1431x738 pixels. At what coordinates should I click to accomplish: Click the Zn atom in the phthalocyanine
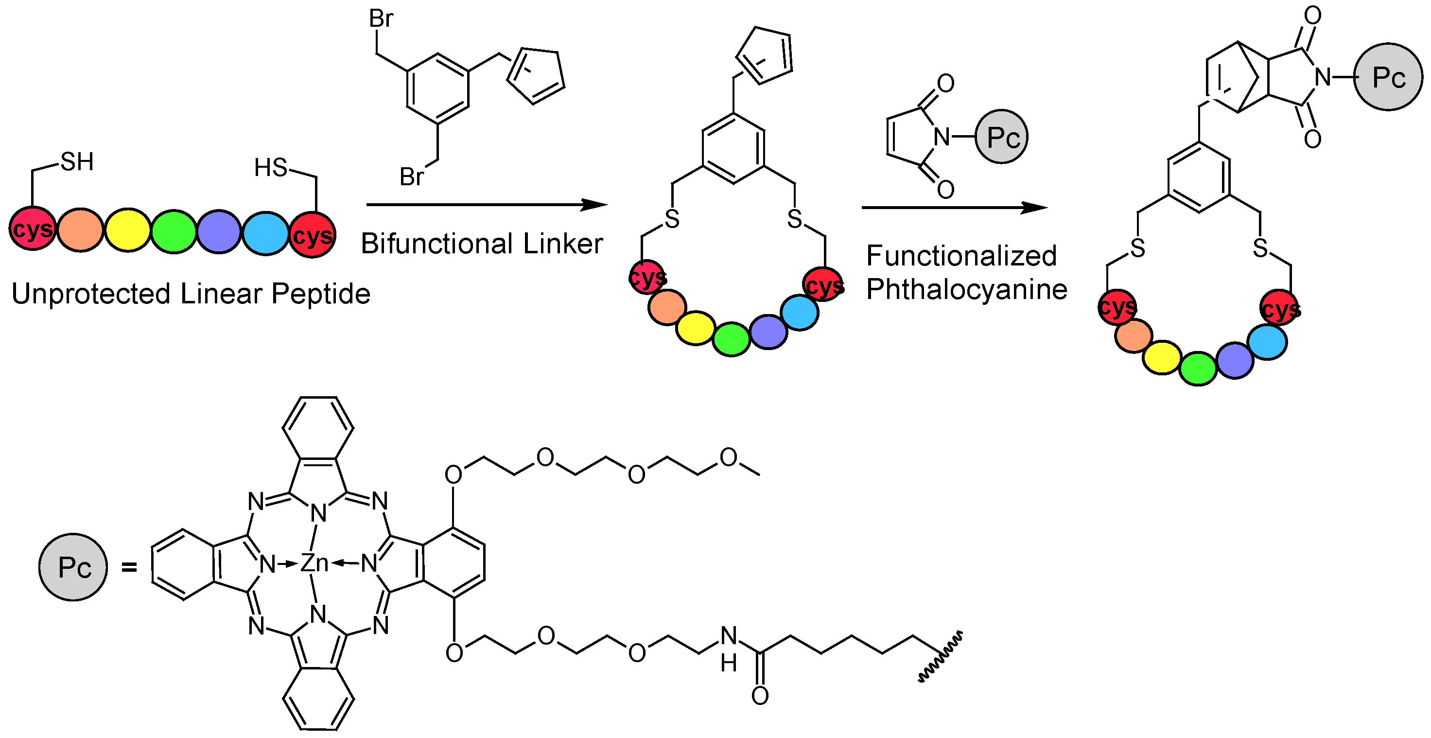point(314,563)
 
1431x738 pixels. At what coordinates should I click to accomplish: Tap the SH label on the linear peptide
point(77,162)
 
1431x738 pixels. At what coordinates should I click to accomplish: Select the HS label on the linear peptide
point(271,167)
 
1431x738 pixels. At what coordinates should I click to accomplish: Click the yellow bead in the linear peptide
point(128,230)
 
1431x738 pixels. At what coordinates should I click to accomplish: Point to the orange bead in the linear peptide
point(81,230)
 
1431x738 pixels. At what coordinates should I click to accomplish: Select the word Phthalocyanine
point(967,290)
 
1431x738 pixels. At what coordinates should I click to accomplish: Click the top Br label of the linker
point(381,19)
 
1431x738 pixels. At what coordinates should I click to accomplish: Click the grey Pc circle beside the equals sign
point(73,567)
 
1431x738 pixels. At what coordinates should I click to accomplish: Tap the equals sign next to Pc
point(129,567)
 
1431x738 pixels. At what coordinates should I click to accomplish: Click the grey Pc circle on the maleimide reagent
point(1002,137)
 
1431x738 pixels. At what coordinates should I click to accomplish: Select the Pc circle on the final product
point(1388,77)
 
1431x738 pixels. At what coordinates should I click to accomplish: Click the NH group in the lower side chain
point(729,648)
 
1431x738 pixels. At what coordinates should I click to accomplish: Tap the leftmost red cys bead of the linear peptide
point(32,229)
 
